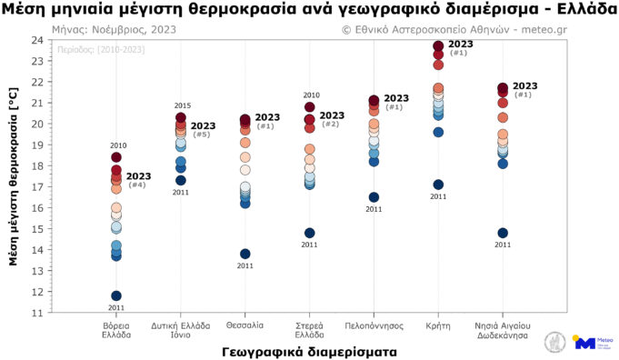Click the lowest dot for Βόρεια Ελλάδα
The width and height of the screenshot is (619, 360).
pyautogui.click(x=116, y=295)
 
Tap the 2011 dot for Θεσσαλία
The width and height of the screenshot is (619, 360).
pyautogui.click(x=245, y=254)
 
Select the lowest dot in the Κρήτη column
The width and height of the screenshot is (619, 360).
pyautogui.click(x=438, y=185)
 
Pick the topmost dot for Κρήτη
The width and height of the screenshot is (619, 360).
pyautogui.click(x=438, y=46)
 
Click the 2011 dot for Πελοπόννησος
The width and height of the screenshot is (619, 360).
pyautogui.click(x=374, y=197)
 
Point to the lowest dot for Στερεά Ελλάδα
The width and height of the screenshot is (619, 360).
pyautogui.click(x=310, y=233)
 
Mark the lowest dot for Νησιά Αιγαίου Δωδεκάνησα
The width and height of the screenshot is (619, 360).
pyautogui.click(x=503, y=233)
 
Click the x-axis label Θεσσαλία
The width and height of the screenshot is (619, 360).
pyautogui.click(x=245, y=325)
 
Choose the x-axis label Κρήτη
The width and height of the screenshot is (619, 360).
pyautogui.click(x=438, y=325)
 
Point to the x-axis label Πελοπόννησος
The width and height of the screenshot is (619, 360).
pyautogui.click(x=374, y=325)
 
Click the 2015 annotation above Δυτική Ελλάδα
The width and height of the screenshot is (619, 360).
pyautogui.click(x=182, y=106)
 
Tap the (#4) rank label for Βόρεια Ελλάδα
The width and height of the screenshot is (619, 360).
pyautogui.click(x=137, y=185)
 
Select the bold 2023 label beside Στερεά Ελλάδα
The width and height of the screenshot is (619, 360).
pyautogui.click(x=332, y=115)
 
